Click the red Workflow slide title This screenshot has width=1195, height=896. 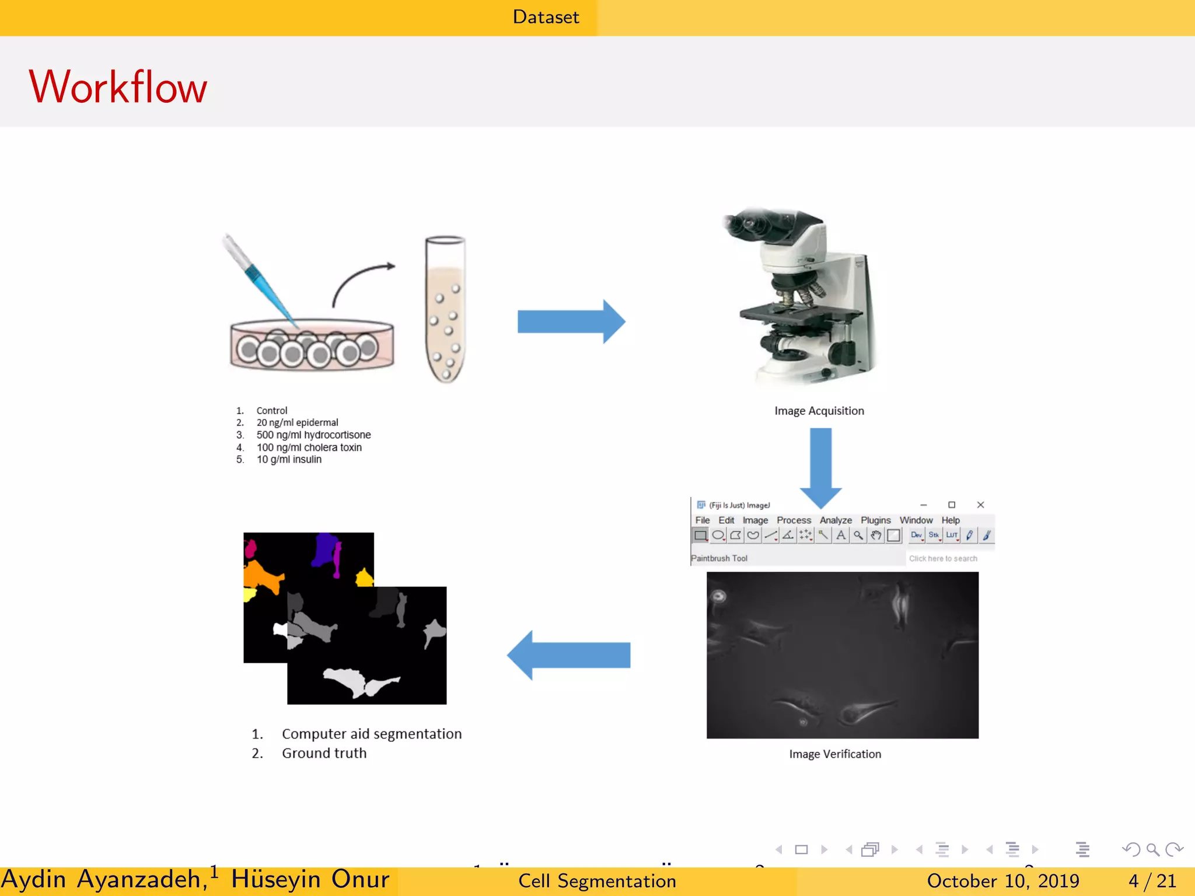(118, 87)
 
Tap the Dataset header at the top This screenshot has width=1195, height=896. (546, 17)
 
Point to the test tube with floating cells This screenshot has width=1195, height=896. (445, 309)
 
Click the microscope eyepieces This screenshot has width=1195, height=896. (753, 225)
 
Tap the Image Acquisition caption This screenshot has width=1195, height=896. (819, 411)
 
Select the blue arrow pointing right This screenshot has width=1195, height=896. (571, 321)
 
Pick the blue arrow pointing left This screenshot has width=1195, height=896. (568, 655)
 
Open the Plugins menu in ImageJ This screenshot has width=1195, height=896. (875, 520)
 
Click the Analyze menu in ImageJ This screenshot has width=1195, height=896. (836, 520)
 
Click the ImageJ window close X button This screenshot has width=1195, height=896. (980, 505)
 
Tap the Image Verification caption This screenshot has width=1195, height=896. (835, 754)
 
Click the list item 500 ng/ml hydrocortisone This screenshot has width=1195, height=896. (313, 435)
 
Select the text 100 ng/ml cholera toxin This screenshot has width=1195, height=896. (309, 447)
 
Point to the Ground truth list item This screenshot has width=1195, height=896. (324, 753)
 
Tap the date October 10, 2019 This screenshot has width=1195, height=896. (1002, 881)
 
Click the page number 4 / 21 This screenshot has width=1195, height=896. (1152, 881)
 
